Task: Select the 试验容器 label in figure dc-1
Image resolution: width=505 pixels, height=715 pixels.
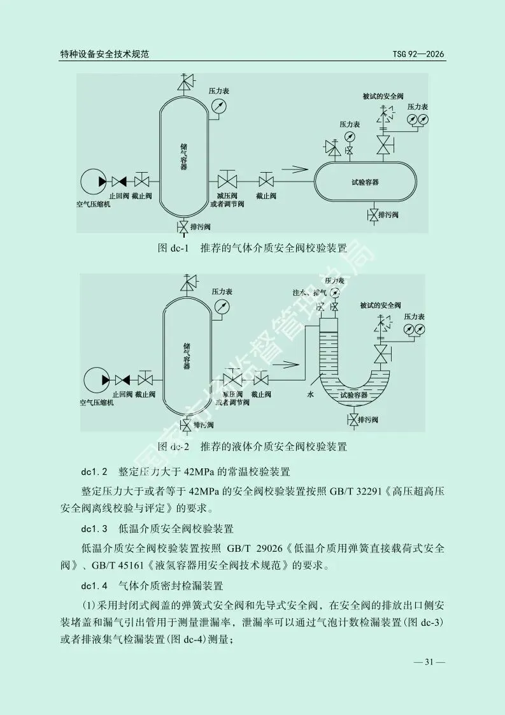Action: click(365, 182)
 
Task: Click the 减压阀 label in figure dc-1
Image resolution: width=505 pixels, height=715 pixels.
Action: click(227, 196)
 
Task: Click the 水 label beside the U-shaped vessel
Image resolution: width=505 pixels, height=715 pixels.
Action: click(311, 395)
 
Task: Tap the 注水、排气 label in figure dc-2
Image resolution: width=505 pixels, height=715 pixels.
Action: click(309, 292)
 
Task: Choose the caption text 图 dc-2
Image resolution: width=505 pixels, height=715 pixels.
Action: click(173, 446)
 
